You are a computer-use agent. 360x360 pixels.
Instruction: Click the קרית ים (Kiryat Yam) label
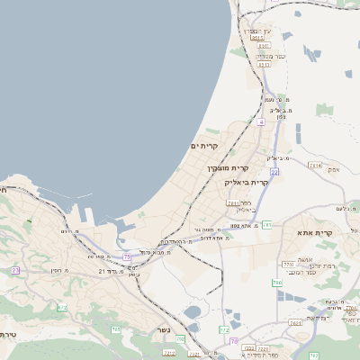coord(205,146)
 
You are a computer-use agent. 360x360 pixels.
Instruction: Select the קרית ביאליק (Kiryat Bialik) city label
coord(247,182)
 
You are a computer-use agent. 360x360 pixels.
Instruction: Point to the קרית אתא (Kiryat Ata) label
coord(315,233)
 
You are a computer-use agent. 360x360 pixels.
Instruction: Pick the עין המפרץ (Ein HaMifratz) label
coord(258,31)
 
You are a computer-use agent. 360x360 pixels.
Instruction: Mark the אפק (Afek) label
coord(334,169)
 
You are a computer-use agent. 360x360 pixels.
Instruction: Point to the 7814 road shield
coord(315,166)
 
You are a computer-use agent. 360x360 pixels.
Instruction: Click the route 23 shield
coord(16,270)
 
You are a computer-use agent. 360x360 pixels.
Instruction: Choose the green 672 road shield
coord(62,307)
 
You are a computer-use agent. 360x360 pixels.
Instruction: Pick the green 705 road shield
coord(116,329)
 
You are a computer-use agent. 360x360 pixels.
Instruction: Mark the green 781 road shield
coord(267,225)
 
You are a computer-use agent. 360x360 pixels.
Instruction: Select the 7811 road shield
coord(233,203)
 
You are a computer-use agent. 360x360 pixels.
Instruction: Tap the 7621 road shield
coord(294,323)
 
